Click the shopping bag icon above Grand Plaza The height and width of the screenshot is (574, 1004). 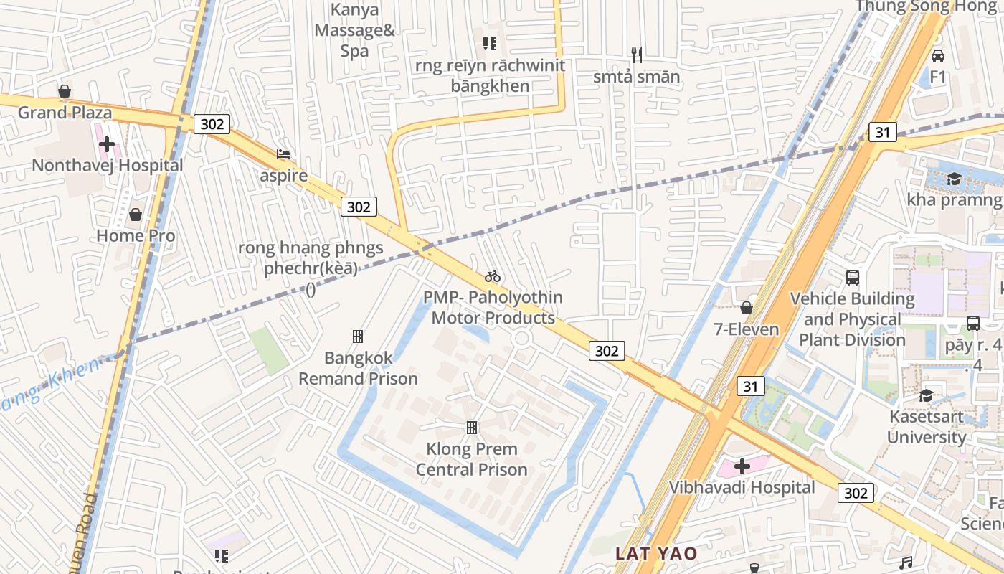[65, 91]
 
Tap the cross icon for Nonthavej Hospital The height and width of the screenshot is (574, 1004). [107, 144]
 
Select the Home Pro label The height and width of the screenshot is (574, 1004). [136, 235]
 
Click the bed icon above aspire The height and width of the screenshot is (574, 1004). [283, 154]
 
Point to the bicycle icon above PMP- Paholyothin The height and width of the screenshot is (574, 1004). [492, 276]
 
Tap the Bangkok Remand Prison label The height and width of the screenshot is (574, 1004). [358, 368]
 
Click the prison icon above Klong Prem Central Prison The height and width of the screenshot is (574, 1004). [472, 428]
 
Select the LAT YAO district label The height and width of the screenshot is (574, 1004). [656, 553]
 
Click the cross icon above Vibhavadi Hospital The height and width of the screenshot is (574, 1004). [742, 466]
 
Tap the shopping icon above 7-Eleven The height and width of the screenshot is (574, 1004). [746, 308]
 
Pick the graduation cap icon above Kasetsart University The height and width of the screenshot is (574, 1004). [927, 395]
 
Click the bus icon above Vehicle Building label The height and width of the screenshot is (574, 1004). [852, 277]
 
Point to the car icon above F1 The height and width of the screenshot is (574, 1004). [937, 55]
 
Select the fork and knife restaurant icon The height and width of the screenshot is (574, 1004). [635, 54]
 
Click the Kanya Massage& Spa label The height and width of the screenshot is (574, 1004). [354, 30]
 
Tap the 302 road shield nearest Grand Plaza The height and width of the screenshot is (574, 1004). [212, 124]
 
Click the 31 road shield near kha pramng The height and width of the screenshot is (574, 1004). [883, 132]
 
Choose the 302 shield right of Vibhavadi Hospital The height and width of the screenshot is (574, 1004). [856, 493]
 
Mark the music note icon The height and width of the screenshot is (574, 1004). [906, 563]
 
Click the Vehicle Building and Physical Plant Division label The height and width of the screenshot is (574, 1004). [852, 319]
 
